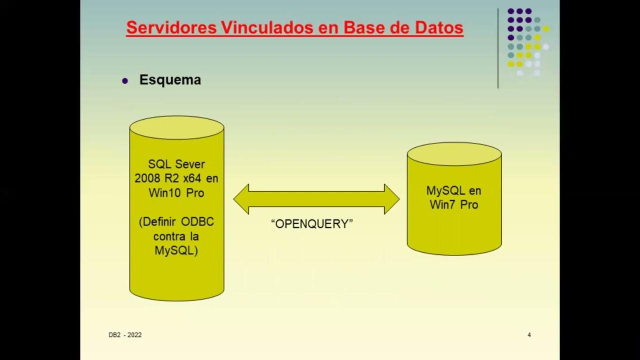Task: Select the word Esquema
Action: tap(170, 80)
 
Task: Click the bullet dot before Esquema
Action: tap(125, 80)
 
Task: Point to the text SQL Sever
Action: tap(176, 164)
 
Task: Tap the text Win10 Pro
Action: tap(176, 193)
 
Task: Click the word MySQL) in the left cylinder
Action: tap(176, 250)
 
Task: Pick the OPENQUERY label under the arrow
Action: tap(312, 224)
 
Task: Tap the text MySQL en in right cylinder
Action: tap(453, 190)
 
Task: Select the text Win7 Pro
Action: tap(453, 204)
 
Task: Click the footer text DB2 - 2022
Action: tap(125, 335)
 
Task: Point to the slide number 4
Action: tap(529, 335)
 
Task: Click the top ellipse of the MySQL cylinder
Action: tap(454, 154)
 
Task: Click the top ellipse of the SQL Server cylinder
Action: tap(176, 127)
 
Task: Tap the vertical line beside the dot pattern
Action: tap(498, 48)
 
